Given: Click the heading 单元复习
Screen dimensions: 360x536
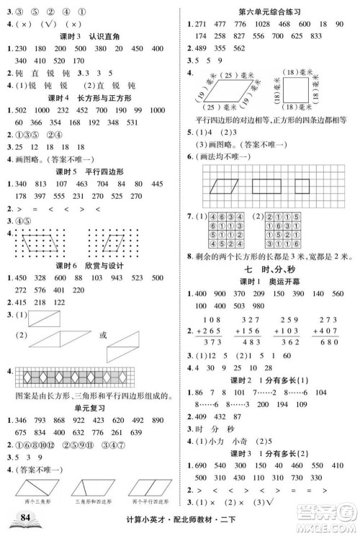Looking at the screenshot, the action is coord(90,407).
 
